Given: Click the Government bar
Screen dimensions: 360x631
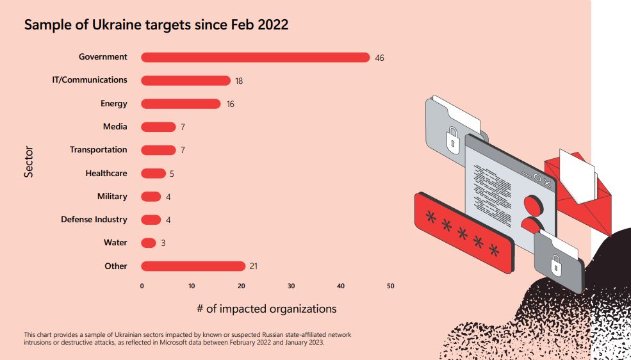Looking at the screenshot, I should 255,58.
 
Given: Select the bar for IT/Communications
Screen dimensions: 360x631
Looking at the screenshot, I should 185,81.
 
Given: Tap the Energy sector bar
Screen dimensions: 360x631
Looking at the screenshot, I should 181,104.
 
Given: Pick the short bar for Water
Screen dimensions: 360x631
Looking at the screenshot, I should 149,243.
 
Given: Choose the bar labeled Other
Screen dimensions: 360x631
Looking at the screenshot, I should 193,266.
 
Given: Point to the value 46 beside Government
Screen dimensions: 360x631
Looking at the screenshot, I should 379,58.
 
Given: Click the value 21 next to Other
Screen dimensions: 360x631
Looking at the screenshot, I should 253,266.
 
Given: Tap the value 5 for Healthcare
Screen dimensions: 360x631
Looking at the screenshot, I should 172,174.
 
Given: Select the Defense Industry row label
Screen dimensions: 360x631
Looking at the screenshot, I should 94,220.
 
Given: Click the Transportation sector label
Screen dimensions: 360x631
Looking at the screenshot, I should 99,150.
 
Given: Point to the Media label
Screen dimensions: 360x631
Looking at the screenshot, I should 115,127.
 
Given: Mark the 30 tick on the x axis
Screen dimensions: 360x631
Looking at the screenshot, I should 291,286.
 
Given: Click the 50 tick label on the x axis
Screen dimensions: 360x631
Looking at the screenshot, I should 391,286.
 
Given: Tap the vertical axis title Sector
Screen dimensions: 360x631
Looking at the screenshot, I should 29,161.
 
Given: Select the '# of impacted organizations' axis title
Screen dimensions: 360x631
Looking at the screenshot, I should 266,309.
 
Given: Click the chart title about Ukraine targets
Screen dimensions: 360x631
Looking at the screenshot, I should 156,25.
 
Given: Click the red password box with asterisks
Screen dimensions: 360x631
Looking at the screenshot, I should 464,232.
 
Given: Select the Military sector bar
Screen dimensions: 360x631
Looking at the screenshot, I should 151,197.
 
